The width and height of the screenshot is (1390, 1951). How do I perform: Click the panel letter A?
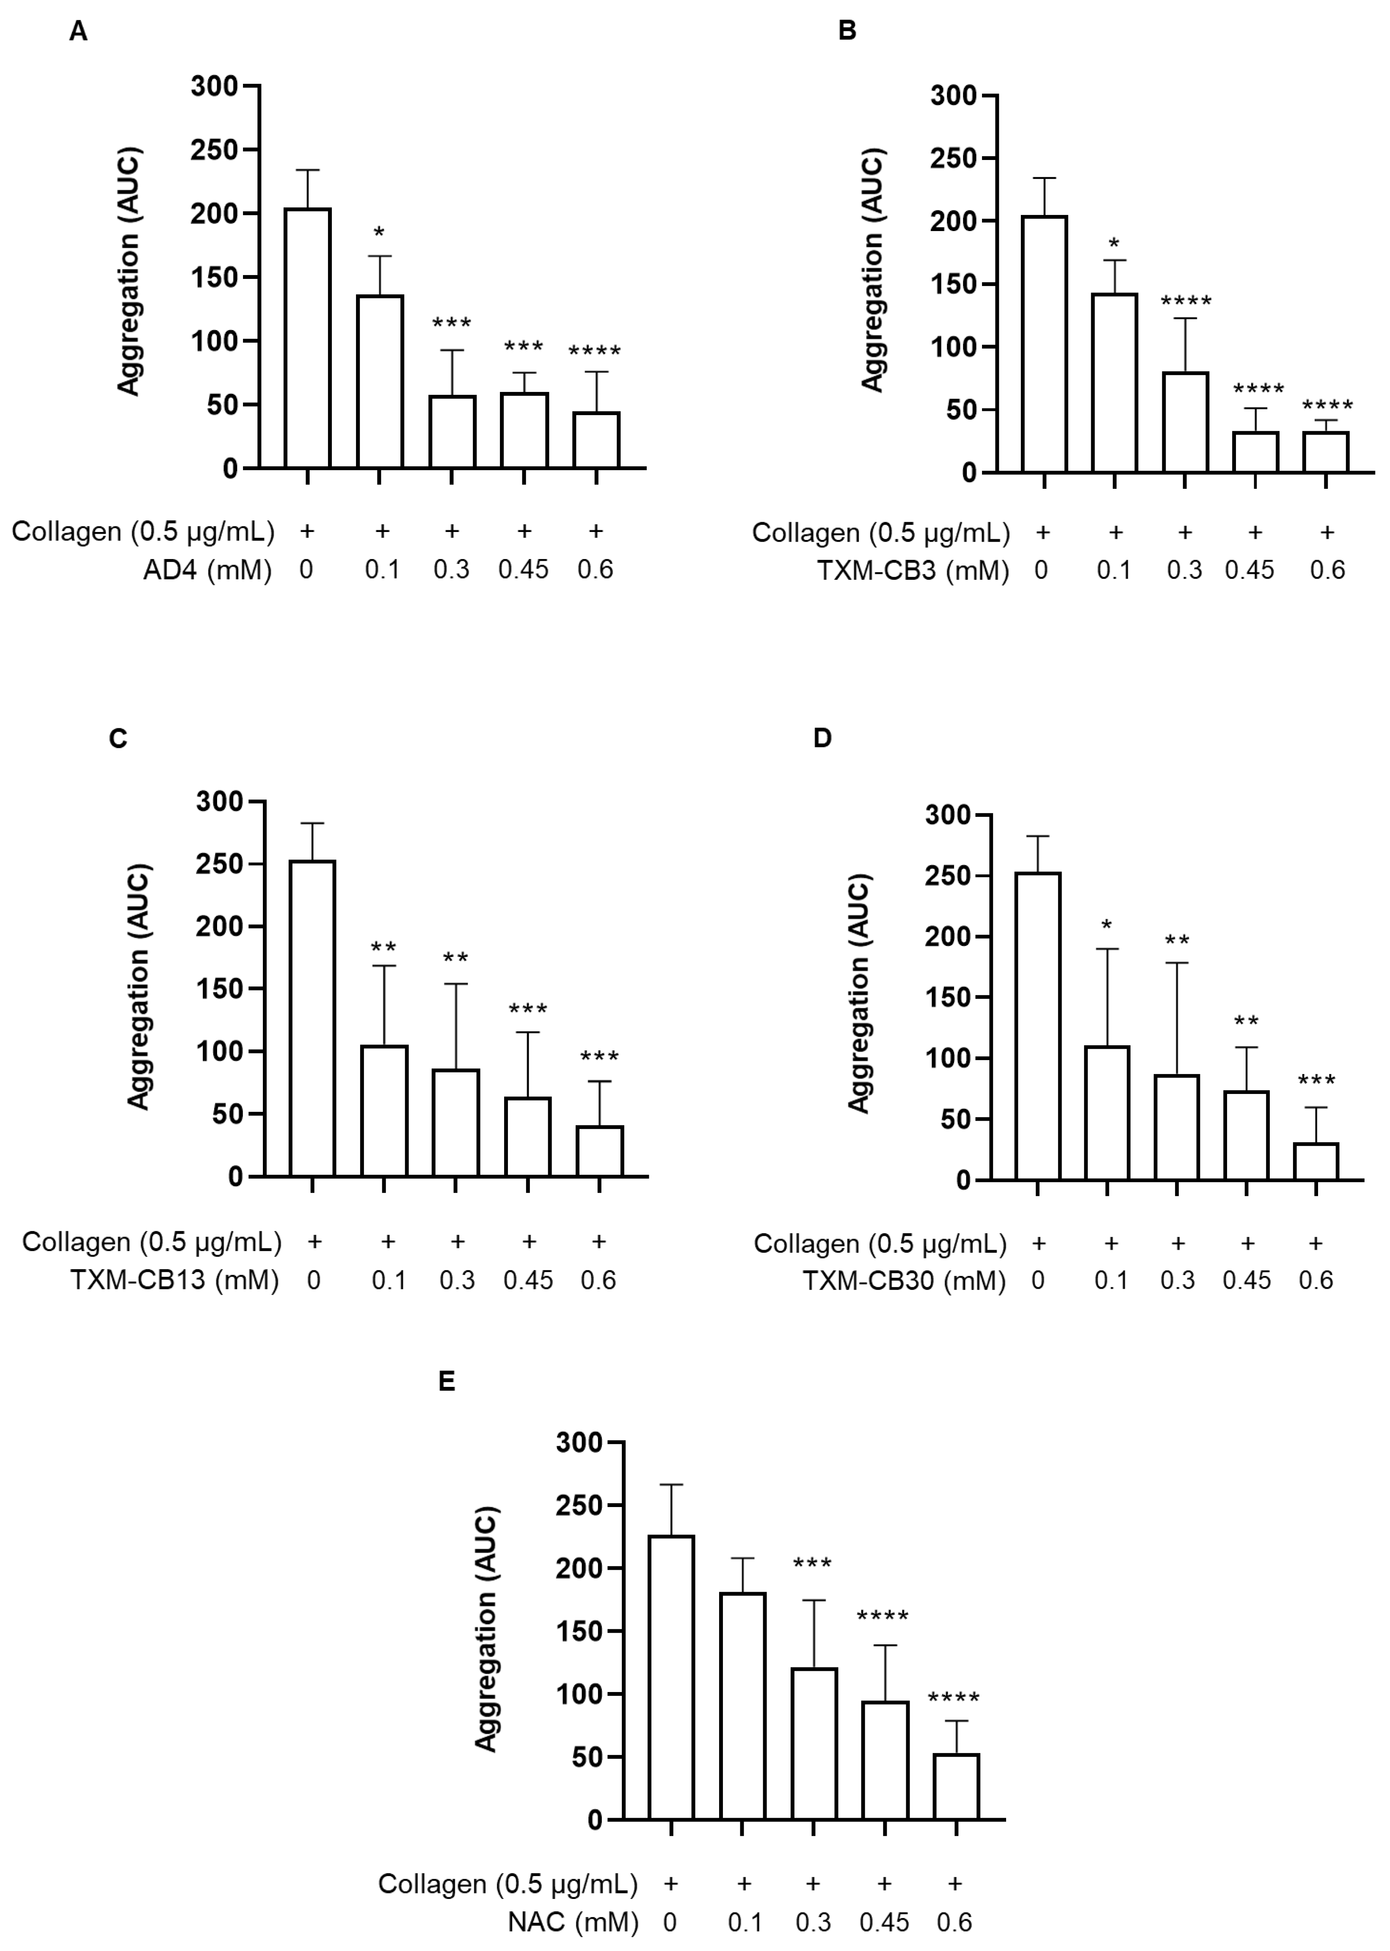[78, 32]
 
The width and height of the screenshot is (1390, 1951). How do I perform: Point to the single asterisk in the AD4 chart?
[379, 233]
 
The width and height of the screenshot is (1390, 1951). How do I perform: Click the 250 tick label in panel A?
[214, 150]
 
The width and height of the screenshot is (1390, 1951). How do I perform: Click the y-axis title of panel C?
[139, 987]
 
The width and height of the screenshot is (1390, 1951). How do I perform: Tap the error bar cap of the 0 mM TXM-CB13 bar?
[312, 823]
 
